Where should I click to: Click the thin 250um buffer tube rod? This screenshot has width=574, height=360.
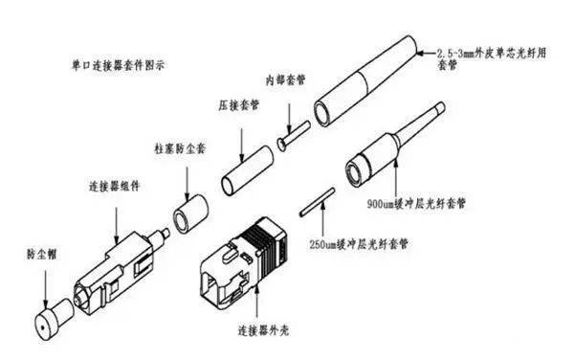[314, 206]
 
